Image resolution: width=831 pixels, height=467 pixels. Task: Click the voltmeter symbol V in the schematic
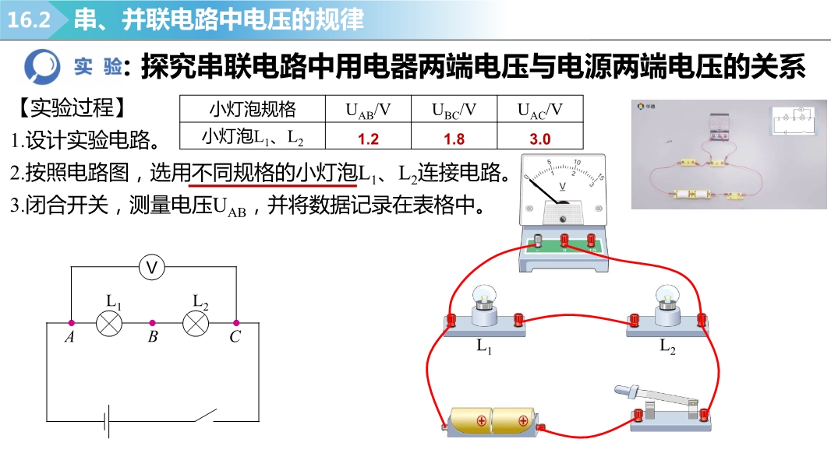click(153, 268)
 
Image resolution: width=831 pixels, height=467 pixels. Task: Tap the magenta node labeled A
click(71, 322)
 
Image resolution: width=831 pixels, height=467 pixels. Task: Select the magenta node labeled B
click(153, 322)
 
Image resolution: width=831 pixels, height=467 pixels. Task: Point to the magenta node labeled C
click(235, 322)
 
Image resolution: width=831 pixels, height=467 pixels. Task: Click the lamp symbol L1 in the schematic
click(109, 322)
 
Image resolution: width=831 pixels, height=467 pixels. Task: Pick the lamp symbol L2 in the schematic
click(195, 322)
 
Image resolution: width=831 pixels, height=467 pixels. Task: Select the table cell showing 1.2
click(368, 139)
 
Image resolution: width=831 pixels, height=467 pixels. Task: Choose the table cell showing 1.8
click(454, 139)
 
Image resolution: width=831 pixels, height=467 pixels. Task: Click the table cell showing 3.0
click(539, 139)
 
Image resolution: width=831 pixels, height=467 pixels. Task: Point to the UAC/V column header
click(539, 110)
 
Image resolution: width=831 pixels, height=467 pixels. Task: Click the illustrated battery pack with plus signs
click(491, 421)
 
